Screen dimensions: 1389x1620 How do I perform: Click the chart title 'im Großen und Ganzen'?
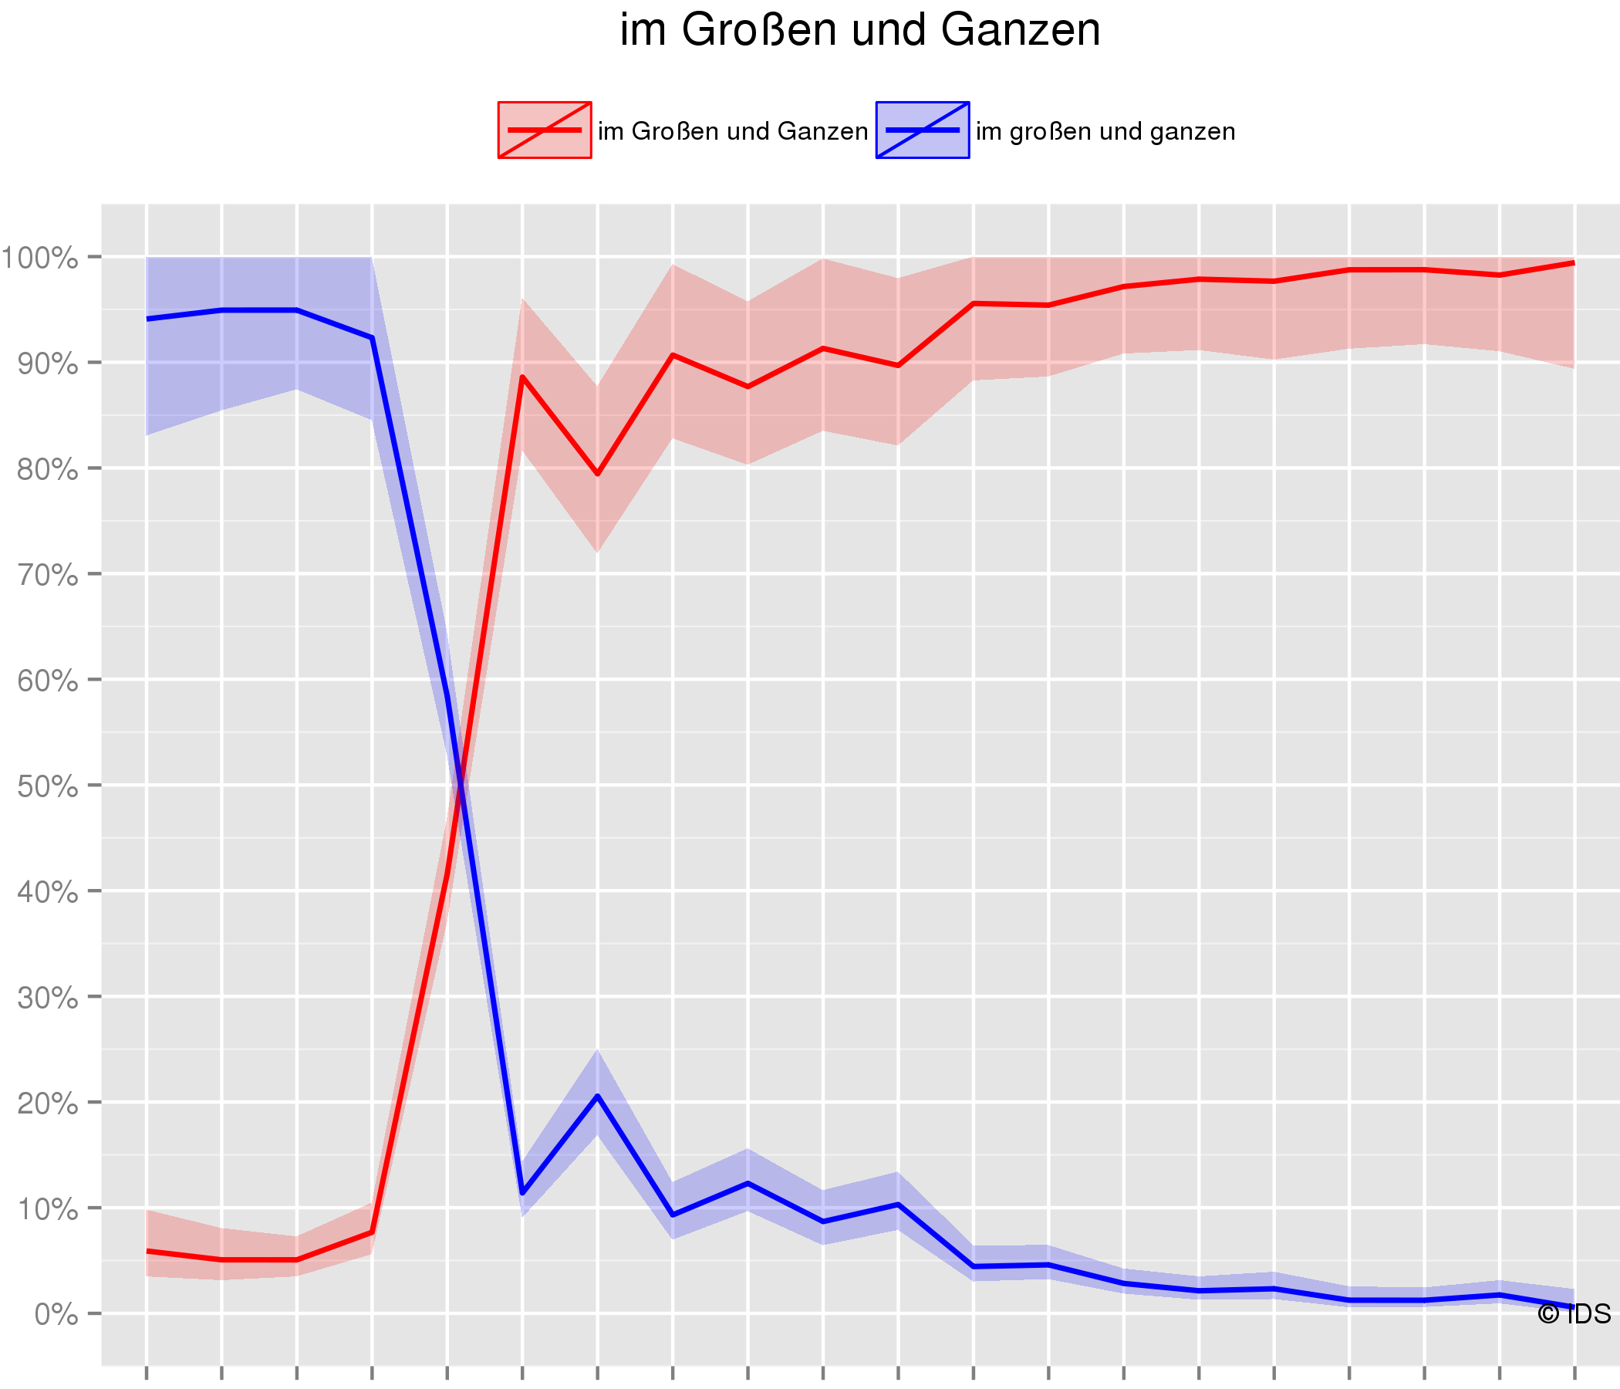pos(859,32)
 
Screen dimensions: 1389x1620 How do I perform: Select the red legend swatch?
pos(544,130)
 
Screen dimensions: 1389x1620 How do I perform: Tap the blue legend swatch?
pos(922,130)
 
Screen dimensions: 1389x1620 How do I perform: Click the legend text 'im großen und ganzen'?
pos(1105,131)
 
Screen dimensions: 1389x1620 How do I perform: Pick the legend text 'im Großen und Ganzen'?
pos(733,131)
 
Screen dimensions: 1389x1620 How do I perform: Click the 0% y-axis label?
pos(56,1315)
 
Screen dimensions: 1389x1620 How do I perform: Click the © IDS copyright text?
pos(1573,1314)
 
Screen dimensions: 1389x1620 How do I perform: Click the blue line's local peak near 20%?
pos(597,1096)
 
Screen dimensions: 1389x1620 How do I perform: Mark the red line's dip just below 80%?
pos(597,474)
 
